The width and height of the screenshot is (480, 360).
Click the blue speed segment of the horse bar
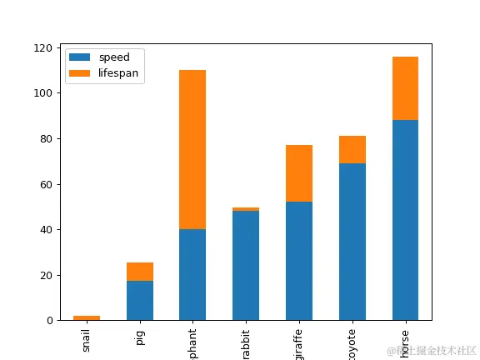click(405, 220)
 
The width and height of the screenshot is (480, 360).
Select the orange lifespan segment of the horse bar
click(405, 88)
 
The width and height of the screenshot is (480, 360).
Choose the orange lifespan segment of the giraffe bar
click(299, 173)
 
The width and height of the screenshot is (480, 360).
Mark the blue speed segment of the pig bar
click(139, 300)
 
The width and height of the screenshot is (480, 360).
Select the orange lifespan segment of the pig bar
click(139, 272)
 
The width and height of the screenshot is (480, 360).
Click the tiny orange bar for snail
click(87, 317)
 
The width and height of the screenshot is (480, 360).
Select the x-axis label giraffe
click(299, 341)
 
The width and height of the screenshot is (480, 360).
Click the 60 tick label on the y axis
click(50, 184)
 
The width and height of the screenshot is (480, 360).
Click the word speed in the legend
click(113, 57)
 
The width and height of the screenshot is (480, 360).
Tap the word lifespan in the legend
click(118, 73)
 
